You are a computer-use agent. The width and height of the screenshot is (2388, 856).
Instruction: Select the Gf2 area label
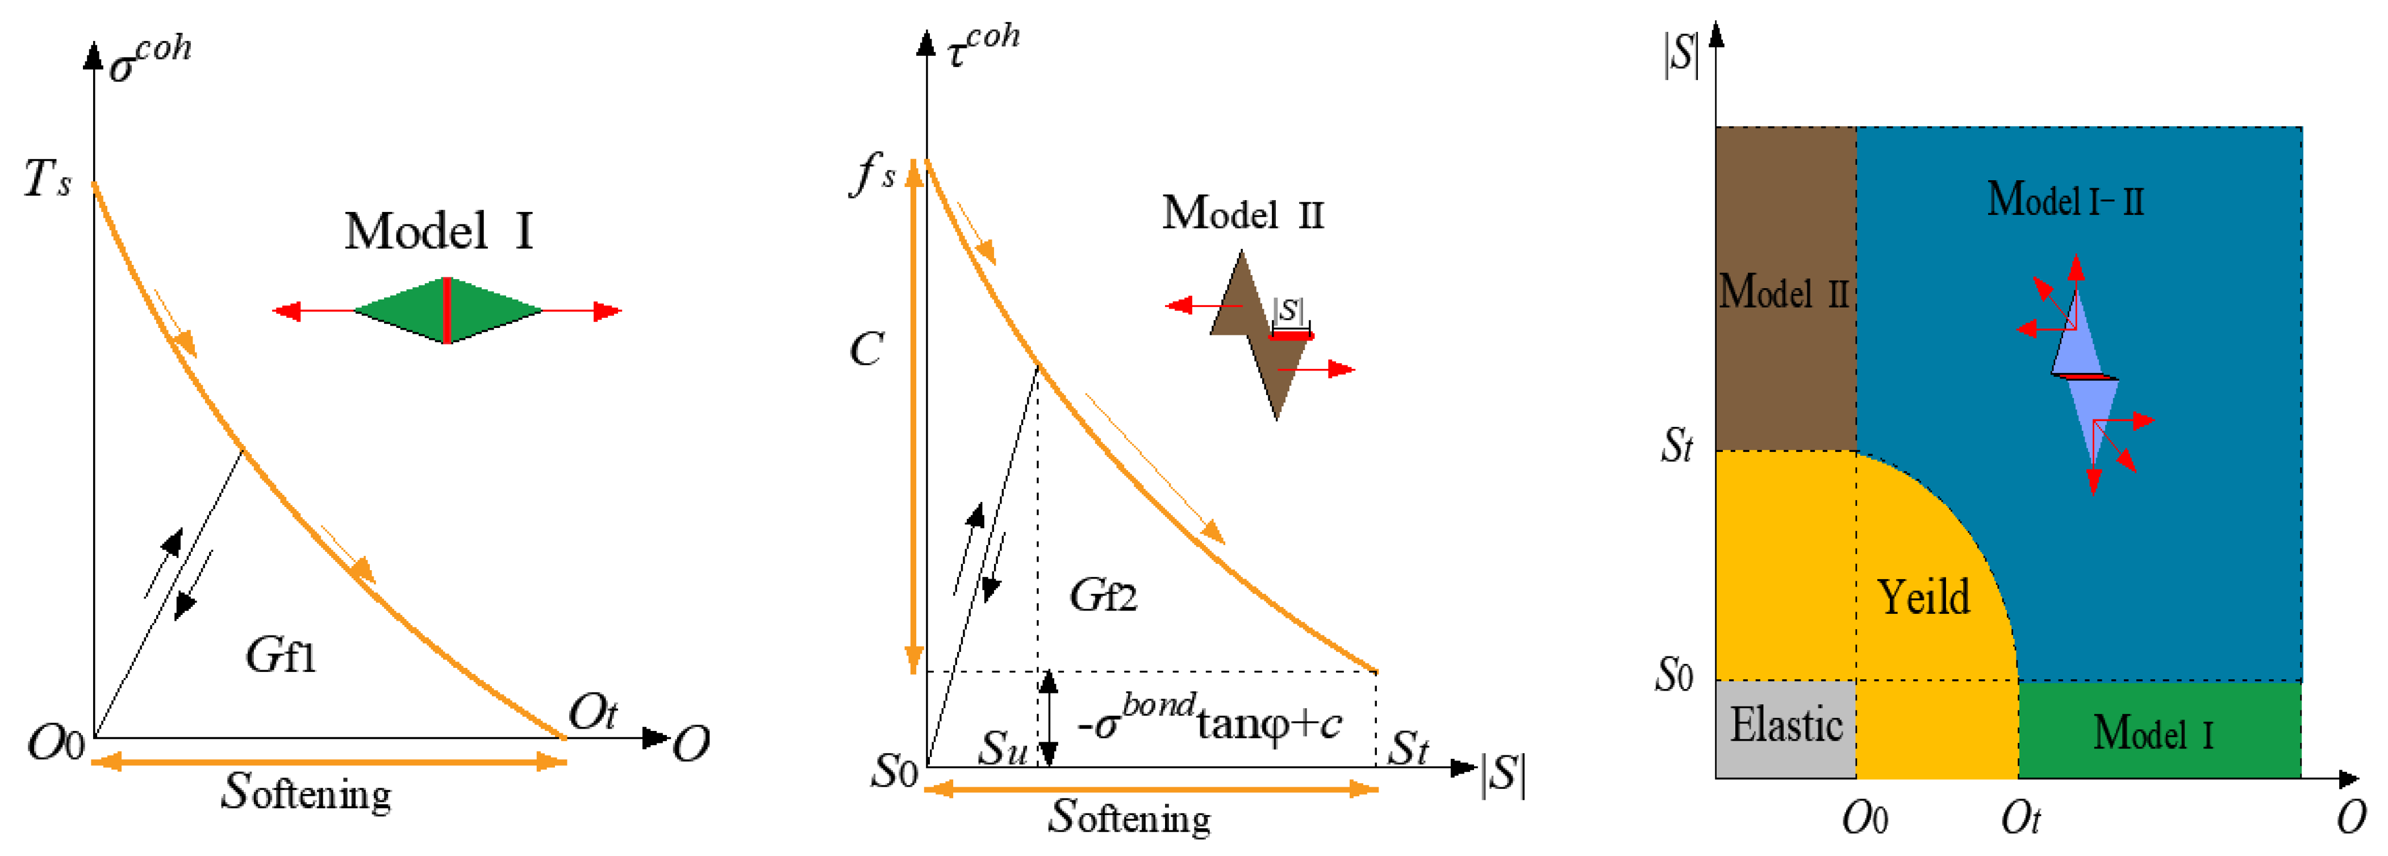tap(1103, 595)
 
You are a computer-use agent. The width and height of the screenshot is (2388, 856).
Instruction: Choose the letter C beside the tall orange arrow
tap(867, 350)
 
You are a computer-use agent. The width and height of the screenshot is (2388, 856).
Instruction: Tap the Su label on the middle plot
tap(1004, 746)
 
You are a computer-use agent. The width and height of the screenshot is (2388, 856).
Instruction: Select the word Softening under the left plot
tap(307, 792)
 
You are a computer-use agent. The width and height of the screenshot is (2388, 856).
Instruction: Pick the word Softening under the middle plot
tap(1130, 816)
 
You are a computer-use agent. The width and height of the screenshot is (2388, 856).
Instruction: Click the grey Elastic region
tap(1785, 729)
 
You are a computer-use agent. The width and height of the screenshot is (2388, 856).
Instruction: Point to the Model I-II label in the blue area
tap(2065, 198)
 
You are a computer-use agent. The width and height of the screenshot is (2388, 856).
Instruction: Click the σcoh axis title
tap(150, 59)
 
